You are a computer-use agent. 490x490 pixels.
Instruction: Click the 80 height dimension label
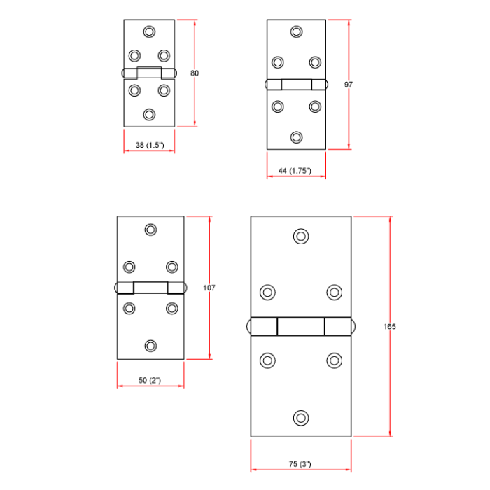pos(195,73)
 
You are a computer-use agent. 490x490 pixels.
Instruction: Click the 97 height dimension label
pos(349,85)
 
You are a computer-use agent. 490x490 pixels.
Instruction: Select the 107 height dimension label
pos(209,288)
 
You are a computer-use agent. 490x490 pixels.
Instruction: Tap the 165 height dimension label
pos(390,327)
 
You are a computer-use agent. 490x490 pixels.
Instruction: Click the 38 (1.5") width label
pos(149,145)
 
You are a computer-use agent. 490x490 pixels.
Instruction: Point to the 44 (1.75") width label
pos(295,171)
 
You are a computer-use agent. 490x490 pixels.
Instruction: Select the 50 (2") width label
pos(150,380)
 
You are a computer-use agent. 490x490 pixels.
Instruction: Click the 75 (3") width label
pos(300,464)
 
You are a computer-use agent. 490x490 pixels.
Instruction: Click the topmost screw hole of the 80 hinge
pos(149,31)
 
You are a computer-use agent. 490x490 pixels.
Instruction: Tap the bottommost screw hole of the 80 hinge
pos(149,114)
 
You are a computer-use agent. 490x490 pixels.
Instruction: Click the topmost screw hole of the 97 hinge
pos(297,31)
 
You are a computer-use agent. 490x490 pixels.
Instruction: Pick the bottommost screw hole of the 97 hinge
pos(297,137)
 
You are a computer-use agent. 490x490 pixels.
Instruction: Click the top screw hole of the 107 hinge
pos(150,229)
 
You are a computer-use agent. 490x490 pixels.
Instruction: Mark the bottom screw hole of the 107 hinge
pos(150,345)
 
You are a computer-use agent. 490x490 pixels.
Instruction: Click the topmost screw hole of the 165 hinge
pos(301,236)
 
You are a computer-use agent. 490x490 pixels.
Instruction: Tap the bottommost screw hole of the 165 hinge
pos(301,417)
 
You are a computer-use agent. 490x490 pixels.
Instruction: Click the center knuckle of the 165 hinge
pos(301,327)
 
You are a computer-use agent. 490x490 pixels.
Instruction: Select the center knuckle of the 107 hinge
pos(150,287)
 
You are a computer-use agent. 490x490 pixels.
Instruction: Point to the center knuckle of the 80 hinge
pos(149,72)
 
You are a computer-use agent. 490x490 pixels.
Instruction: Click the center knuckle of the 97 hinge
pos(297,85)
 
